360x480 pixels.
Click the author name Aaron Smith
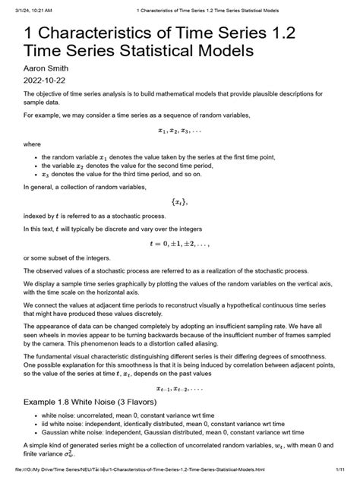pos(45,68)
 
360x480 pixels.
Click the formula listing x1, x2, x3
pos(179,130)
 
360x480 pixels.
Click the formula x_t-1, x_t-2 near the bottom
pos(179,386)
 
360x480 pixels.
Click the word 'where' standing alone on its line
pos(33,144)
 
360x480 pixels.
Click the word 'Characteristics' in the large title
pos(114,32)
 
